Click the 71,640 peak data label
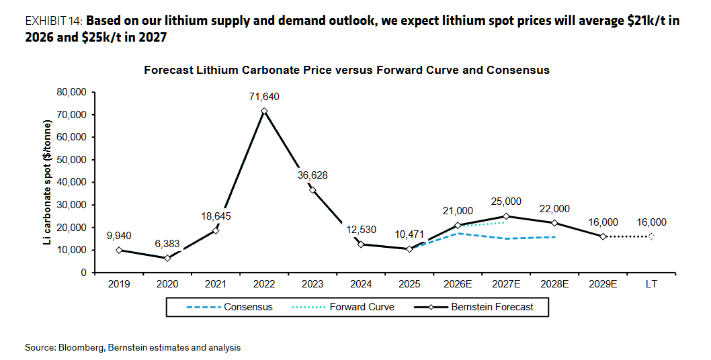click(263, 97)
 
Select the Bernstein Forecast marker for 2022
click(264, 111)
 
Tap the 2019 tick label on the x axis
click(119, 285)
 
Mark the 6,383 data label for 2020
click(167, 243)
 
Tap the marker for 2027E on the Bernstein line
click(506, 216)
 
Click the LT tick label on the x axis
click(651, 285)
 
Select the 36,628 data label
click(312, 175)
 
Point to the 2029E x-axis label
click(602, 285)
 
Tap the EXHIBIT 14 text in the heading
click(54, 21)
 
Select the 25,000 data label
click(506, 201)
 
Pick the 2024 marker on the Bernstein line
click(361, 244)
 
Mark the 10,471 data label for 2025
click(409, 234)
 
